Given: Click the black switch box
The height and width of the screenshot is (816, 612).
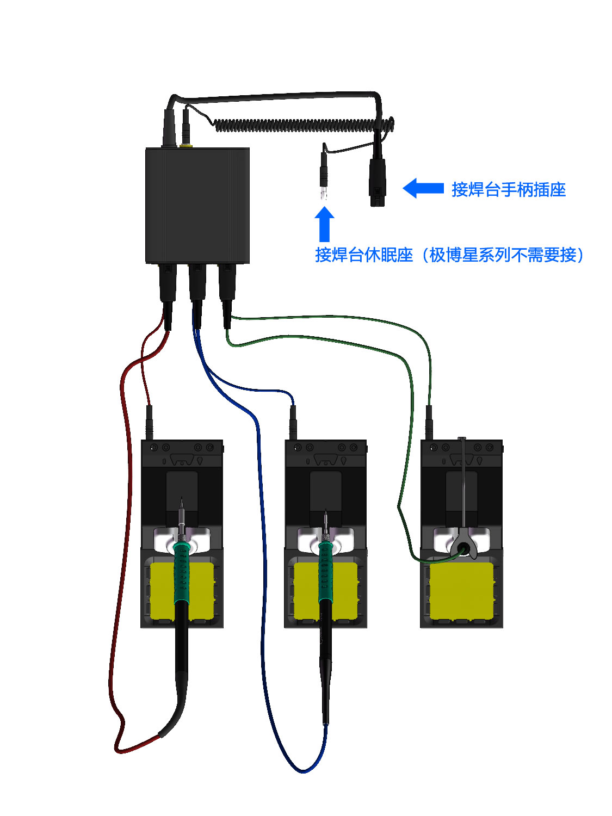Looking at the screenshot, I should tap(197, 206).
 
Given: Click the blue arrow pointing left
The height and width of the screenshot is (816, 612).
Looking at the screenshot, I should tap(423, 188).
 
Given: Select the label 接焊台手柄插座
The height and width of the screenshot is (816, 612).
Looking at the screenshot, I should tap(509, 189).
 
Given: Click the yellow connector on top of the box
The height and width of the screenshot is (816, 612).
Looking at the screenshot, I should tap(186, 145).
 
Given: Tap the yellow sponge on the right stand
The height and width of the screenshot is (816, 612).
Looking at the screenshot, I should tap(461, 591).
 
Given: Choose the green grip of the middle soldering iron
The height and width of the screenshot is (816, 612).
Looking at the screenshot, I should tap(325, 571).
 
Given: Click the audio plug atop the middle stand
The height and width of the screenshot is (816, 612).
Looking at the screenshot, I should tap(293, 422).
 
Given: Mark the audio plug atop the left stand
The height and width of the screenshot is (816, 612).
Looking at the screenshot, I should tap(149, 422).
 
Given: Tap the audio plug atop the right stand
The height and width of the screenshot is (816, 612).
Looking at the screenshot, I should tap(429, 422).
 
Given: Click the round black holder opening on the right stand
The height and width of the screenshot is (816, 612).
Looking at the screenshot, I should tap(463, 547).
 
